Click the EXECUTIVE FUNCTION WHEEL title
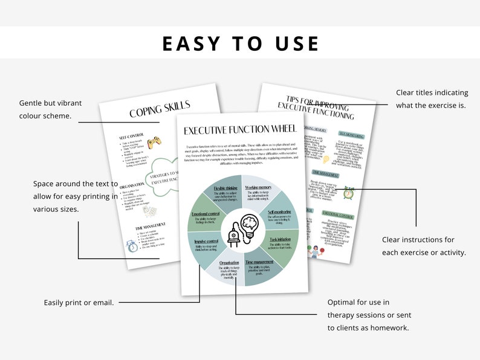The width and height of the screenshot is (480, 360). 241,130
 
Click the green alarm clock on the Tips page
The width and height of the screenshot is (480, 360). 348,193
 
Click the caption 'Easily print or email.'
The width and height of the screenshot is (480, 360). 79,302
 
